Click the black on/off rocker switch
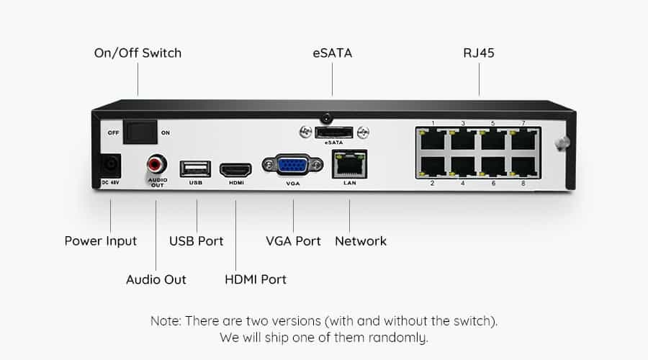coord(140,132)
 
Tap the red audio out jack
coord(156,164)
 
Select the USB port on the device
coord(195,168)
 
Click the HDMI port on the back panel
coord(235,169)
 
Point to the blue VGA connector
coord(292,166)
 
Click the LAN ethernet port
coord(349,164)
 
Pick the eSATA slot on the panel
coord(334,132)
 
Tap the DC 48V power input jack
coord(111,166)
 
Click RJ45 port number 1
coord(433,140)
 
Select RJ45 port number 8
coord(523,166)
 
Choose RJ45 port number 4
coord(463,166)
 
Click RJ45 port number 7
coord(523,140)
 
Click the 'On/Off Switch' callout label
coord(138,53)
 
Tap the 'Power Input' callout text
coord(100,241)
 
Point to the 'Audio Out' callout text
coord(156,279)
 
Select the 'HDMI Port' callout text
coord(256,279)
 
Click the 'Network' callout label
coord(361,241)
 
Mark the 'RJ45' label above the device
coord(479,53)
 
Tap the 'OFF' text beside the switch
coord(113,132)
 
